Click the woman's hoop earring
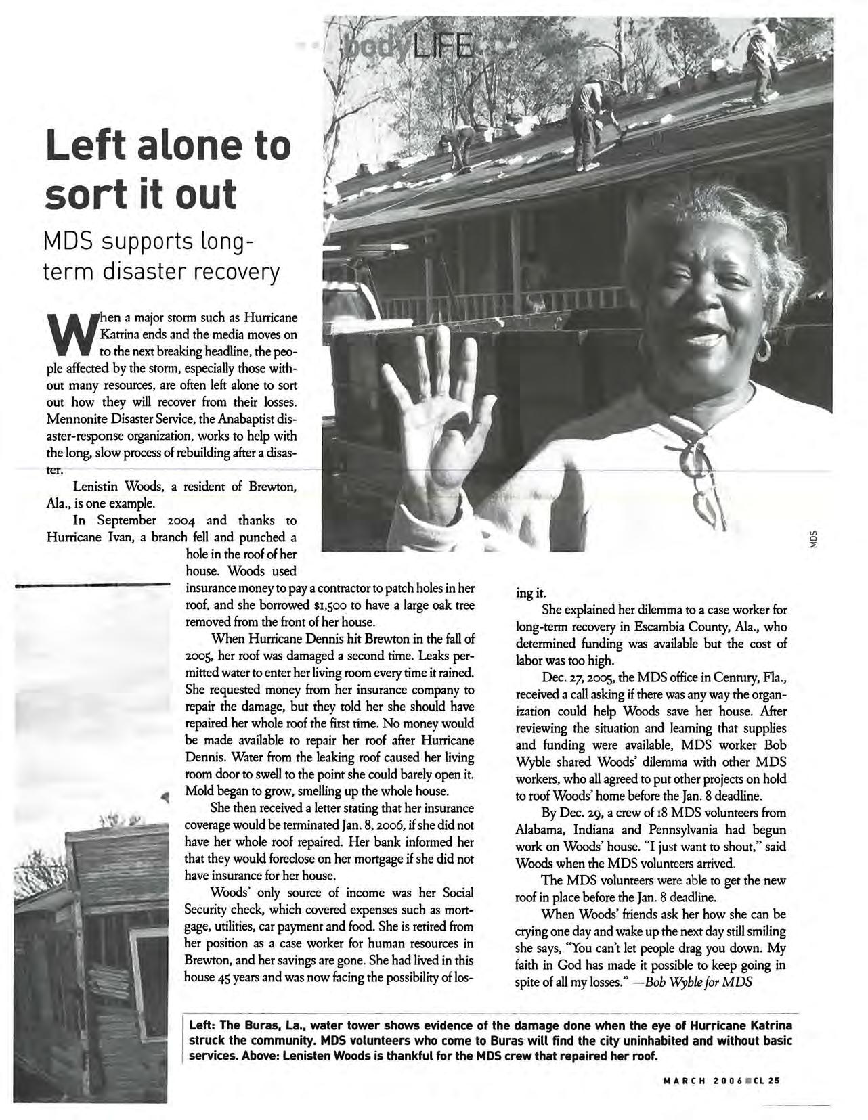point(763,350)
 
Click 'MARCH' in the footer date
point(683,1080)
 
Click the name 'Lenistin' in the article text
point(96,487)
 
